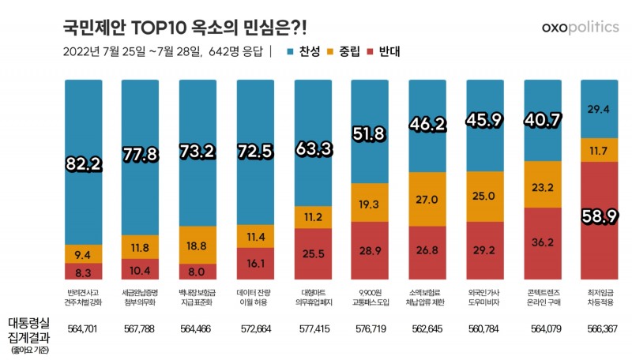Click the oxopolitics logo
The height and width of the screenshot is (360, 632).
click(x=580, y=27)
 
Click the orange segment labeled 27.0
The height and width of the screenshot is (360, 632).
click(x=430, y=200)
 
